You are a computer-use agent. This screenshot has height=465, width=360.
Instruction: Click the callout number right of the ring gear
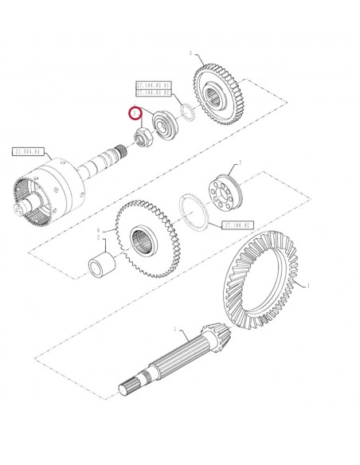[309, 285]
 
